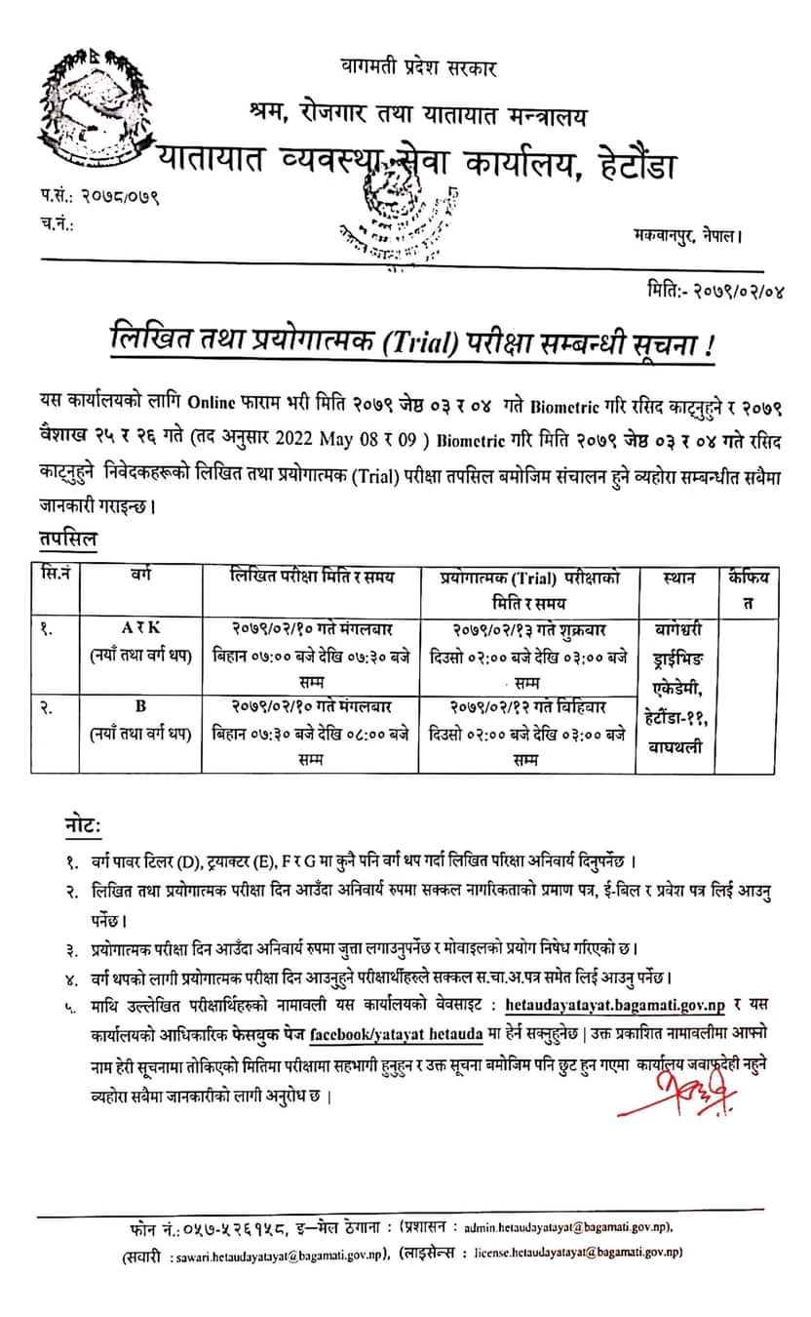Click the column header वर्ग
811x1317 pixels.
[138, 578]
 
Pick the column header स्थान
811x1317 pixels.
[677, 578]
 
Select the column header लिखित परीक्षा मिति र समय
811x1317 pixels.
[312, 578]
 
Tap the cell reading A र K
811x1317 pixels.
[138, 630]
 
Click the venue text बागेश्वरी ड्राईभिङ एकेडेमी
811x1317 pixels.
[677, 654]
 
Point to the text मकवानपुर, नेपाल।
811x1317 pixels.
[686, 235]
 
